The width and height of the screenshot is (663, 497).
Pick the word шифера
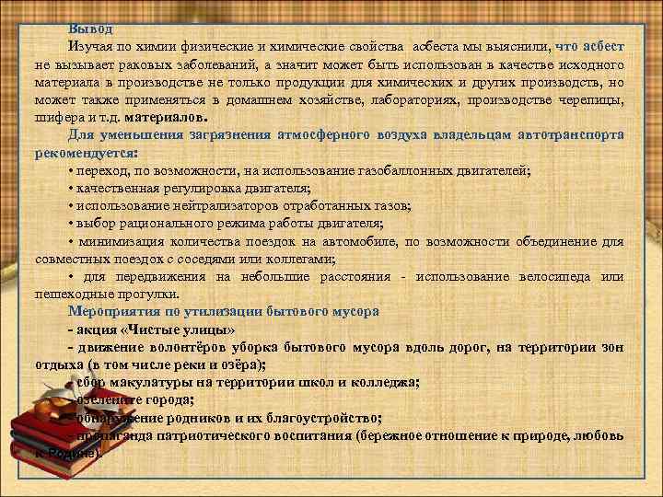(x=60, y=119)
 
